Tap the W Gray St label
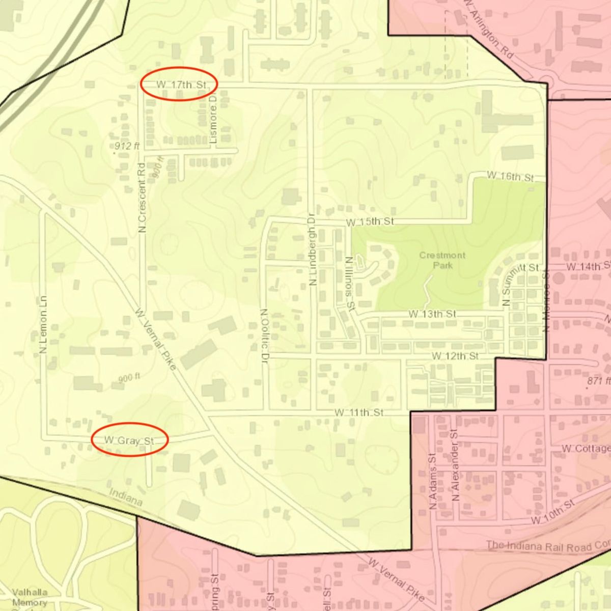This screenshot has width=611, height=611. [x=129, y=440]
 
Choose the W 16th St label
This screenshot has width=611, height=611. [x=510, y=177]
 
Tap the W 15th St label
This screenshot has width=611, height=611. [x=370, y=222]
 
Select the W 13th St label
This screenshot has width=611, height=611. [x=432, y=314]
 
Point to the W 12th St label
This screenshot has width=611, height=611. [x=455, y=356]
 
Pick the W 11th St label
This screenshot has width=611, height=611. [x=359, y=412]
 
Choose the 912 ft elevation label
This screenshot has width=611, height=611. [x=127, y=146]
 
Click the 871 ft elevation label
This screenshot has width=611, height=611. [x=598, y=381]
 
